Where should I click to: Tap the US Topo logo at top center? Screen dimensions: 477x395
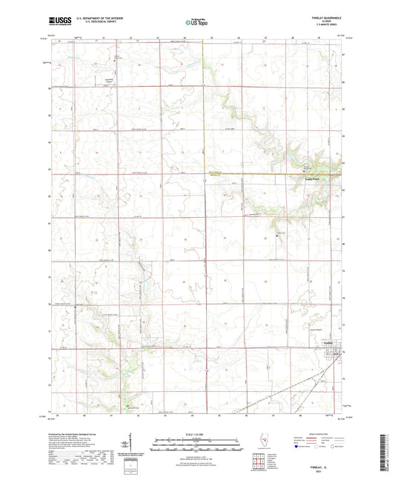pos(196,24)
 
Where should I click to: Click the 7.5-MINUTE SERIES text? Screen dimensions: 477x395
pos(331,28)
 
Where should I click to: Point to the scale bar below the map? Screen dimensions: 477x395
pos(196,441)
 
